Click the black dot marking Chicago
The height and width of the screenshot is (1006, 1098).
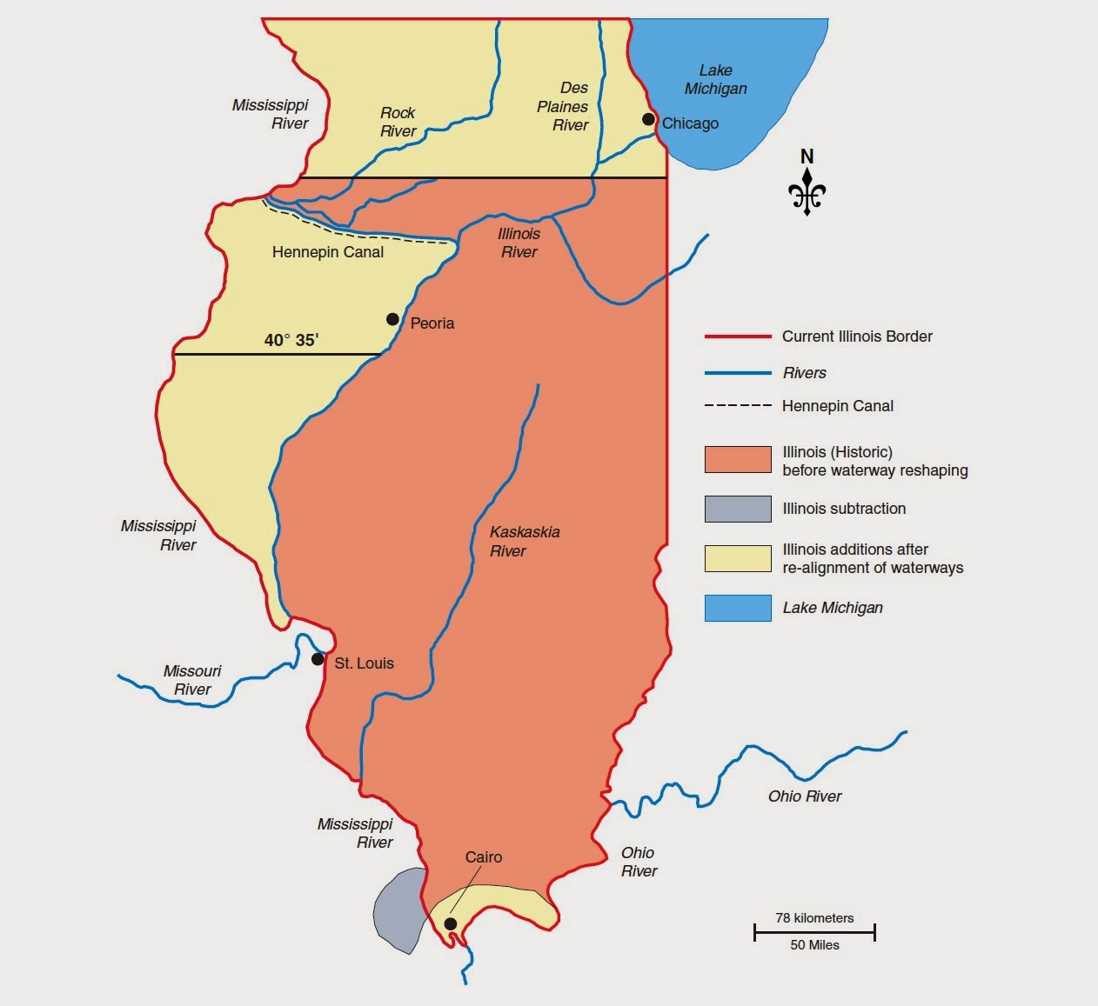pyautogui.click(x=648, y=119)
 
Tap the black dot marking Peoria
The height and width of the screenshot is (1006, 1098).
pyautogui.click(x=392, y=319)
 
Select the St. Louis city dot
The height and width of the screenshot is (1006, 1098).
pyautogui.click(x=318, y=659)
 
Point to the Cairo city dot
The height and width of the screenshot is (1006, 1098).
pyautogui.click(x=451, y=923)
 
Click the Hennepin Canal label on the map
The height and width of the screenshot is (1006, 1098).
pyautogui.click(x=327, y=252)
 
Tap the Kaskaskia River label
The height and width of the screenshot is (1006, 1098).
pyautogui.click(x=525, y=541)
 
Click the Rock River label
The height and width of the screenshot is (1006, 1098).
pyautogui.click(x=398, y=122)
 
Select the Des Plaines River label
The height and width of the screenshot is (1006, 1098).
pyautogui.click(x=563, y=106)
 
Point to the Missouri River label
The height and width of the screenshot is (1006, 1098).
pyautogui.click(x=192, y=680)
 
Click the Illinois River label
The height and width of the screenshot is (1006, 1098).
pyautogui.click(x=519, y=243)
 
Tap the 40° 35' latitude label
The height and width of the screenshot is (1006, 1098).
pyautogui.click(x=291, y=340)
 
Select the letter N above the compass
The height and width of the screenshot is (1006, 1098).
pyautogui.click(x=807, y=157)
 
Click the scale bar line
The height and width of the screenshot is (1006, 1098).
pyautogui.click(x=814, y=933)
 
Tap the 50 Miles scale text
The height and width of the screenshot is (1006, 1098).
pyautogui.click(x=814, y=945)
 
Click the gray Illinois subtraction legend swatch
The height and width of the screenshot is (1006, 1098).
pyautogui.click(x=738, y=509)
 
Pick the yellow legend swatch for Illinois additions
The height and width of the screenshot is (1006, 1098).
pyautogui.click(x=738, y=558)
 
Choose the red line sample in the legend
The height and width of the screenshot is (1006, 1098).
pyautogui.click(x=738, y=336)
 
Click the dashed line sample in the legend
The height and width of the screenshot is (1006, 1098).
pyautogui.click(x=738, y=406)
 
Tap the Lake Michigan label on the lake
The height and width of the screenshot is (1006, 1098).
pyautogui.click(x=715, y=79)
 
